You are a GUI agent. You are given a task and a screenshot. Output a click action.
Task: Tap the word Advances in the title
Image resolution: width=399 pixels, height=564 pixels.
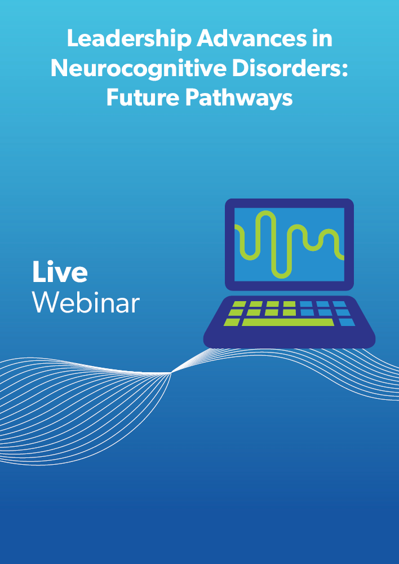coord(251,38)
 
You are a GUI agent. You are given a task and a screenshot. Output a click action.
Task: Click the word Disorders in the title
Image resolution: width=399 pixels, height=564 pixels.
coord(285,68)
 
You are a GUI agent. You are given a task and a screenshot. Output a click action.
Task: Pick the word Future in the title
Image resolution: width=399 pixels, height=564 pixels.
coord(143,97)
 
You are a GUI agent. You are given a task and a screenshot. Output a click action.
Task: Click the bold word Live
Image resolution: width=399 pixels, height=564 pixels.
coord(60,271)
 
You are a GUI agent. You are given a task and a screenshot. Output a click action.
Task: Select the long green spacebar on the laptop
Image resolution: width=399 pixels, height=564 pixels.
coord(288,322)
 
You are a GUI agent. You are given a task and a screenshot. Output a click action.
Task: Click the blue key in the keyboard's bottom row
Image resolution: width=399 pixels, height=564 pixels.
coord(347,322)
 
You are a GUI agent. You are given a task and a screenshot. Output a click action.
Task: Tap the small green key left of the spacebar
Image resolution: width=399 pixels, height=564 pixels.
coord(232,322)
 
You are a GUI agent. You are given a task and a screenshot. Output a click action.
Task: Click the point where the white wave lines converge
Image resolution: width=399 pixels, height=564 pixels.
coord(171,373)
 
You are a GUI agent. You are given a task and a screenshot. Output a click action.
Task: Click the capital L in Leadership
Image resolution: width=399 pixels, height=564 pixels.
coord(74,38)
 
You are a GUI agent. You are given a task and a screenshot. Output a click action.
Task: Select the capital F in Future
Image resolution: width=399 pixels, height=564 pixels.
coord(113,97)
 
